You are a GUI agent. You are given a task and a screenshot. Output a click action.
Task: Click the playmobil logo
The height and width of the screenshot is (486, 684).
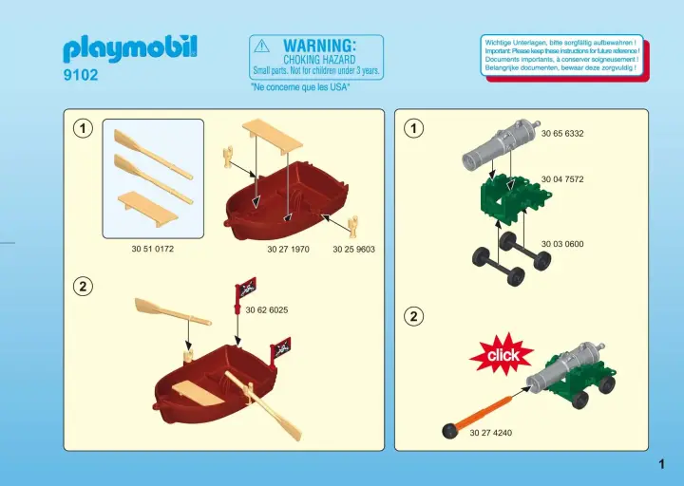tap(130, 48)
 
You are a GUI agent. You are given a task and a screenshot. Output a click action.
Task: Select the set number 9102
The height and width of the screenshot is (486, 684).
tap(81, 75)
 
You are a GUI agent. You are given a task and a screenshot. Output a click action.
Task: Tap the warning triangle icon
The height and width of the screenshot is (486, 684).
tap(262, 46)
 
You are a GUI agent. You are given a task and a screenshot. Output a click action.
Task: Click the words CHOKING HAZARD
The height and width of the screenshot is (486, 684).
tap(319, 60)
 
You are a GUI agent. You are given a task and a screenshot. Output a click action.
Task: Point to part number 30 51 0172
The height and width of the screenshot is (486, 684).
tap(153, 249)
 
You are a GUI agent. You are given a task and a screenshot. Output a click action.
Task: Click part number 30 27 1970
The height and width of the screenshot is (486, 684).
tap(288, 250)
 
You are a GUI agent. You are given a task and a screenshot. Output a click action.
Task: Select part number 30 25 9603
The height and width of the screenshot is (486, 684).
tap(353, 250)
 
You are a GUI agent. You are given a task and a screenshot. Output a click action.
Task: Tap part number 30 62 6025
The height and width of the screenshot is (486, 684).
tap(267, 309)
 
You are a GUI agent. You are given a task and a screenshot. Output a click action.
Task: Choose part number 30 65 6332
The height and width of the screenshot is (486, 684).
tap(562, 134)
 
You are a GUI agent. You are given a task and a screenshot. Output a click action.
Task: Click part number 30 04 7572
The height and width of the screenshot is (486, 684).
tap(562, 179)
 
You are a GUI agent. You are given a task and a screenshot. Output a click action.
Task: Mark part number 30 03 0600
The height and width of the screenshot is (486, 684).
tap(562, 244)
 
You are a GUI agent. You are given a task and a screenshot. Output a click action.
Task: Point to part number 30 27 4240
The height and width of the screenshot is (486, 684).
tap(491, 433)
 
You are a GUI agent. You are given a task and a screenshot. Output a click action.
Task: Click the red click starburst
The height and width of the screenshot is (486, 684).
tap(502, 354)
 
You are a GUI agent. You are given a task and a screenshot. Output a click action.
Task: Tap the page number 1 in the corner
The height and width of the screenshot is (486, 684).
tap(662, 464)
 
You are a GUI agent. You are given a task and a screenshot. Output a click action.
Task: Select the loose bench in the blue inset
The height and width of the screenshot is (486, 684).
tap(147, 208)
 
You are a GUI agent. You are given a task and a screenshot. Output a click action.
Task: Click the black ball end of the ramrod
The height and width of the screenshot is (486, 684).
tap(448, 431)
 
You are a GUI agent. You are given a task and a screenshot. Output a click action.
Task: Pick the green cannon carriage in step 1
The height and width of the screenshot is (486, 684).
tap(516, 198)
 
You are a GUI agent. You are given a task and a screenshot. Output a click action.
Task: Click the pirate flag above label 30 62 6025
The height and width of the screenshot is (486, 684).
tap(245, 289)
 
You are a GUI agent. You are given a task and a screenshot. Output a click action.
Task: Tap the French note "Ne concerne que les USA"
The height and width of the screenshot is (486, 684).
tap(300, 87)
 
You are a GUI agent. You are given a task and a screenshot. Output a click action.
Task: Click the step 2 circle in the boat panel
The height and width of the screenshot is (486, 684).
tap(83, 287)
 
